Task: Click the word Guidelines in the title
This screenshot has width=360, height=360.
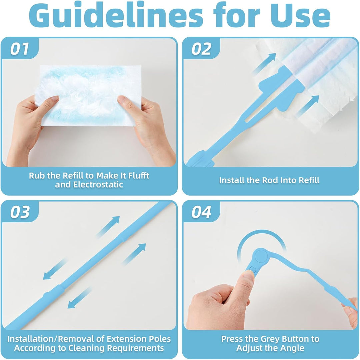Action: (116, 15)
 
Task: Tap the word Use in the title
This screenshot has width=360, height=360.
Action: (301, 15)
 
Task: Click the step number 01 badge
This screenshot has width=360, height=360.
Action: (20, 49)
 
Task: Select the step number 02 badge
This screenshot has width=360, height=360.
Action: (201, 49)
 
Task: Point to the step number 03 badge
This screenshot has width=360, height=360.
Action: (20, 212)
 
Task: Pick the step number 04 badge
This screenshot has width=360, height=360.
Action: (201, 212)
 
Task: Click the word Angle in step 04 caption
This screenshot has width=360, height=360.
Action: (292, 348)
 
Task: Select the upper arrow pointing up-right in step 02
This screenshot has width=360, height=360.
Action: (264, 64)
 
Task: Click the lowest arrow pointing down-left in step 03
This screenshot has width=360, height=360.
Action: (79, 298)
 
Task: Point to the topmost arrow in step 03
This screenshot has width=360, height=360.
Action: (108, 227)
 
